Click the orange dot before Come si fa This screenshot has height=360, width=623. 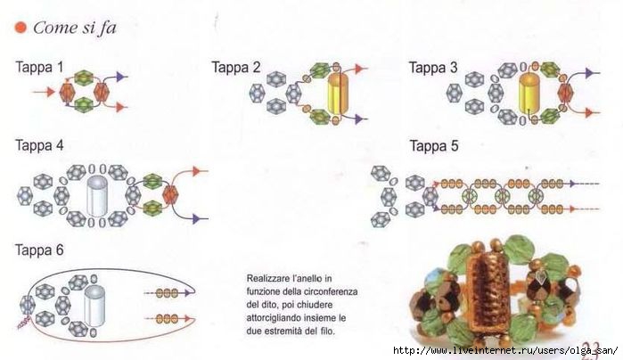coord(20,28)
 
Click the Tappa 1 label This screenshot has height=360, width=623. coord(39,67)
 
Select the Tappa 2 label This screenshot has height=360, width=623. coord(235,67)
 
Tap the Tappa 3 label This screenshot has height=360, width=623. coord(433,68)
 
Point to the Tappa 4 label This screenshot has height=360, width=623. coord(39,145)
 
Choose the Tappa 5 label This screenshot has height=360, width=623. coord(434,146)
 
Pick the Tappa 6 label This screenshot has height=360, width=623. coord(39,250)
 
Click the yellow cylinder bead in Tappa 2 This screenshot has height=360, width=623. coord(338,93)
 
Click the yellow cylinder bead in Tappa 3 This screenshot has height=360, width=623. coord(529,93)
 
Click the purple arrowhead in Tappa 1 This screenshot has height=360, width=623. coord(121,77)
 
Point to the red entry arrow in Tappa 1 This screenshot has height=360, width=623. coord(44,92)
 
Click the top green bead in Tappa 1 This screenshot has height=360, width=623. coord(84,78)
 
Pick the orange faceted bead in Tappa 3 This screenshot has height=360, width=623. coord(564,93)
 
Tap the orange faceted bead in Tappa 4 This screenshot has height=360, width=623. coord(170,194)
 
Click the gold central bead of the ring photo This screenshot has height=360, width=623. coord(488,292)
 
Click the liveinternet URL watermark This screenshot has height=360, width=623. coord(505,351)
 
